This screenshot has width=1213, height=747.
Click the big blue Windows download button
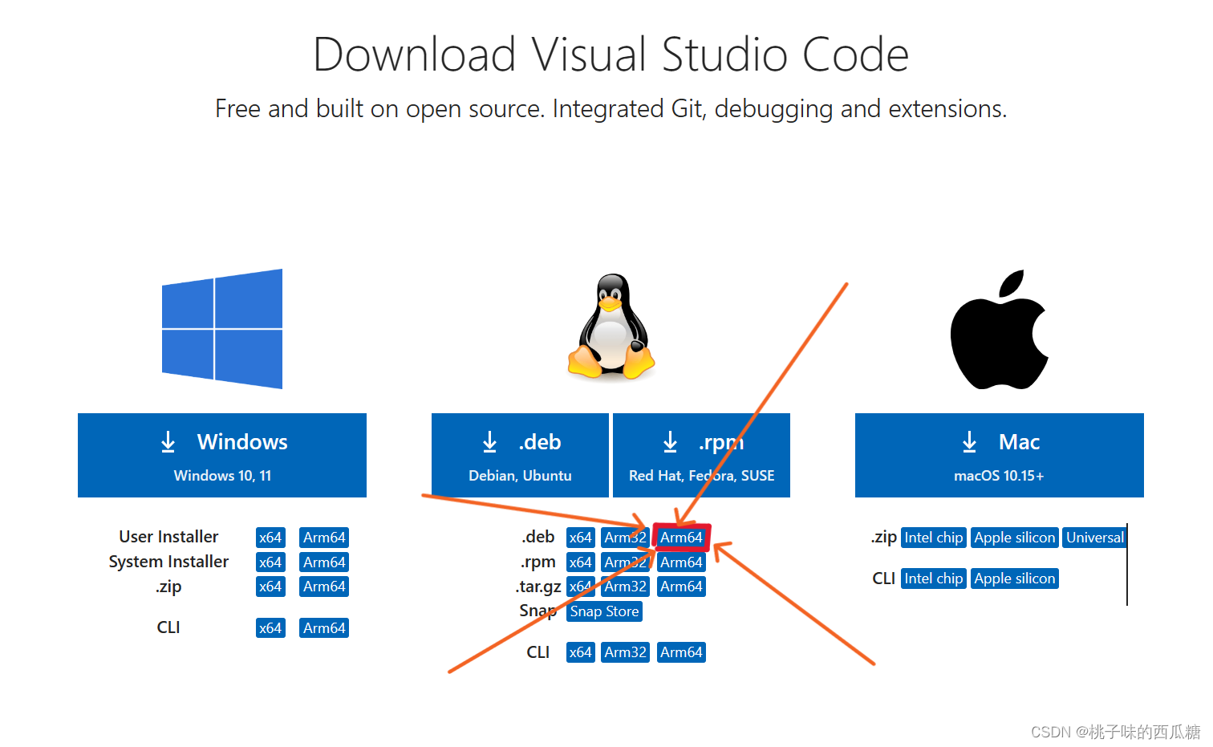click(x=222, y=455)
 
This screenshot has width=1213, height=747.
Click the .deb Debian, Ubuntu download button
click(x=520, y=455)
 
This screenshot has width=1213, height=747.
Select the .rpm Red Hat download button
click(x=701, y=455)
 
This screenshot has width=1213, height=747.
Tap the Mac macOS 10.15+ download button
click(x=999, y=455)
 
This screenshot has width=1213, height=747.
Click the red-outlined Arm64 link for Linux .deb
click(x=681, y=538)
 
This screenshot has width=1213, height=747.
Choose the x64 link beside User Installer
click(x=270, y=538)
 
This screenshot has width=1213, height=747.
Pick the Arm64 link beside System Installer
click(x=324, y=562)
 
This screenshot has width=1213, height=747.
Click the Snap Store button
click(x=604, y=611)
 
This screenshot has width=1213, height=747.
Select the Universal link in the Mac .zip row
click(x=1094, y=538)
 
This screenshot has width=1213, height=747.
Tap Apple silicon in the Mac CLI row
click(x=1014, y=579)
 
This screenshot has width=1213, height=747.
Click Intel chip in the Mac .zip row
click(x=933, y=538)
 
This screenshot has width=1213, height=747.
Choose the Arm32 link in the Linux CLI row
click(x=625, y=652)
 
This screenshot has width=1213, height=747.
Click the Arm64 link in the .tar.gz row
click(x=681, y=587)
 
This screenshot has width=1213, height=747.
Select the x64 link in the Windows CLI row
click(x=270, y=628)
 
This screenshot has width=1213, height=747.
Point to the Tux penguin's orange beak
click(x=610, y=305)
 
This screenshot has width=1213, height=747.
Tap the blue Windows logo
click(x=222, y=329)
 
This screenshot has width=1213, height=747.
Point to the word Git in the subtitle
click(x=688, y=108)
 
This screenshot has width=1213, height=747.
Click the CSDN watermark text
click(x=1115, y=732)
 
